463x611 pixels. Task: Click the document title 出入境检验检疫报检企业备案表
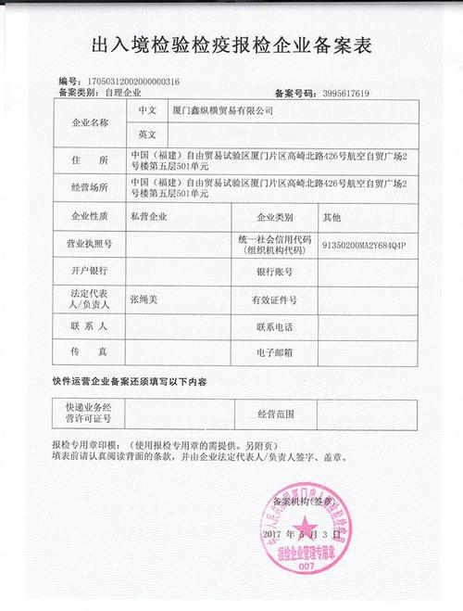(231, 45)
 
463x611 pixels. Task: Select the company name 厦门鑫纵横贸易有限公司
(224, 110)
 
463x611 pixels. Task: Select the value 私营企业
(149, 216)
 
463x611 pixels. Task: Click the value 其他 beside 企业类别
(332, 216)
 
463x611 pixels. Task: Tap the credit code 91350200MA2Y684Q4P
(364, 244)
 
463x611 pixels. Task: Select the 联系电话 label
(274, 326)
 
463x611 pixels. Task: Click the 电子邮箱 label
(274, 353)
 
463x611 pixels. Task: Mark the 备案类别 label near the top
(79, 94)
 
